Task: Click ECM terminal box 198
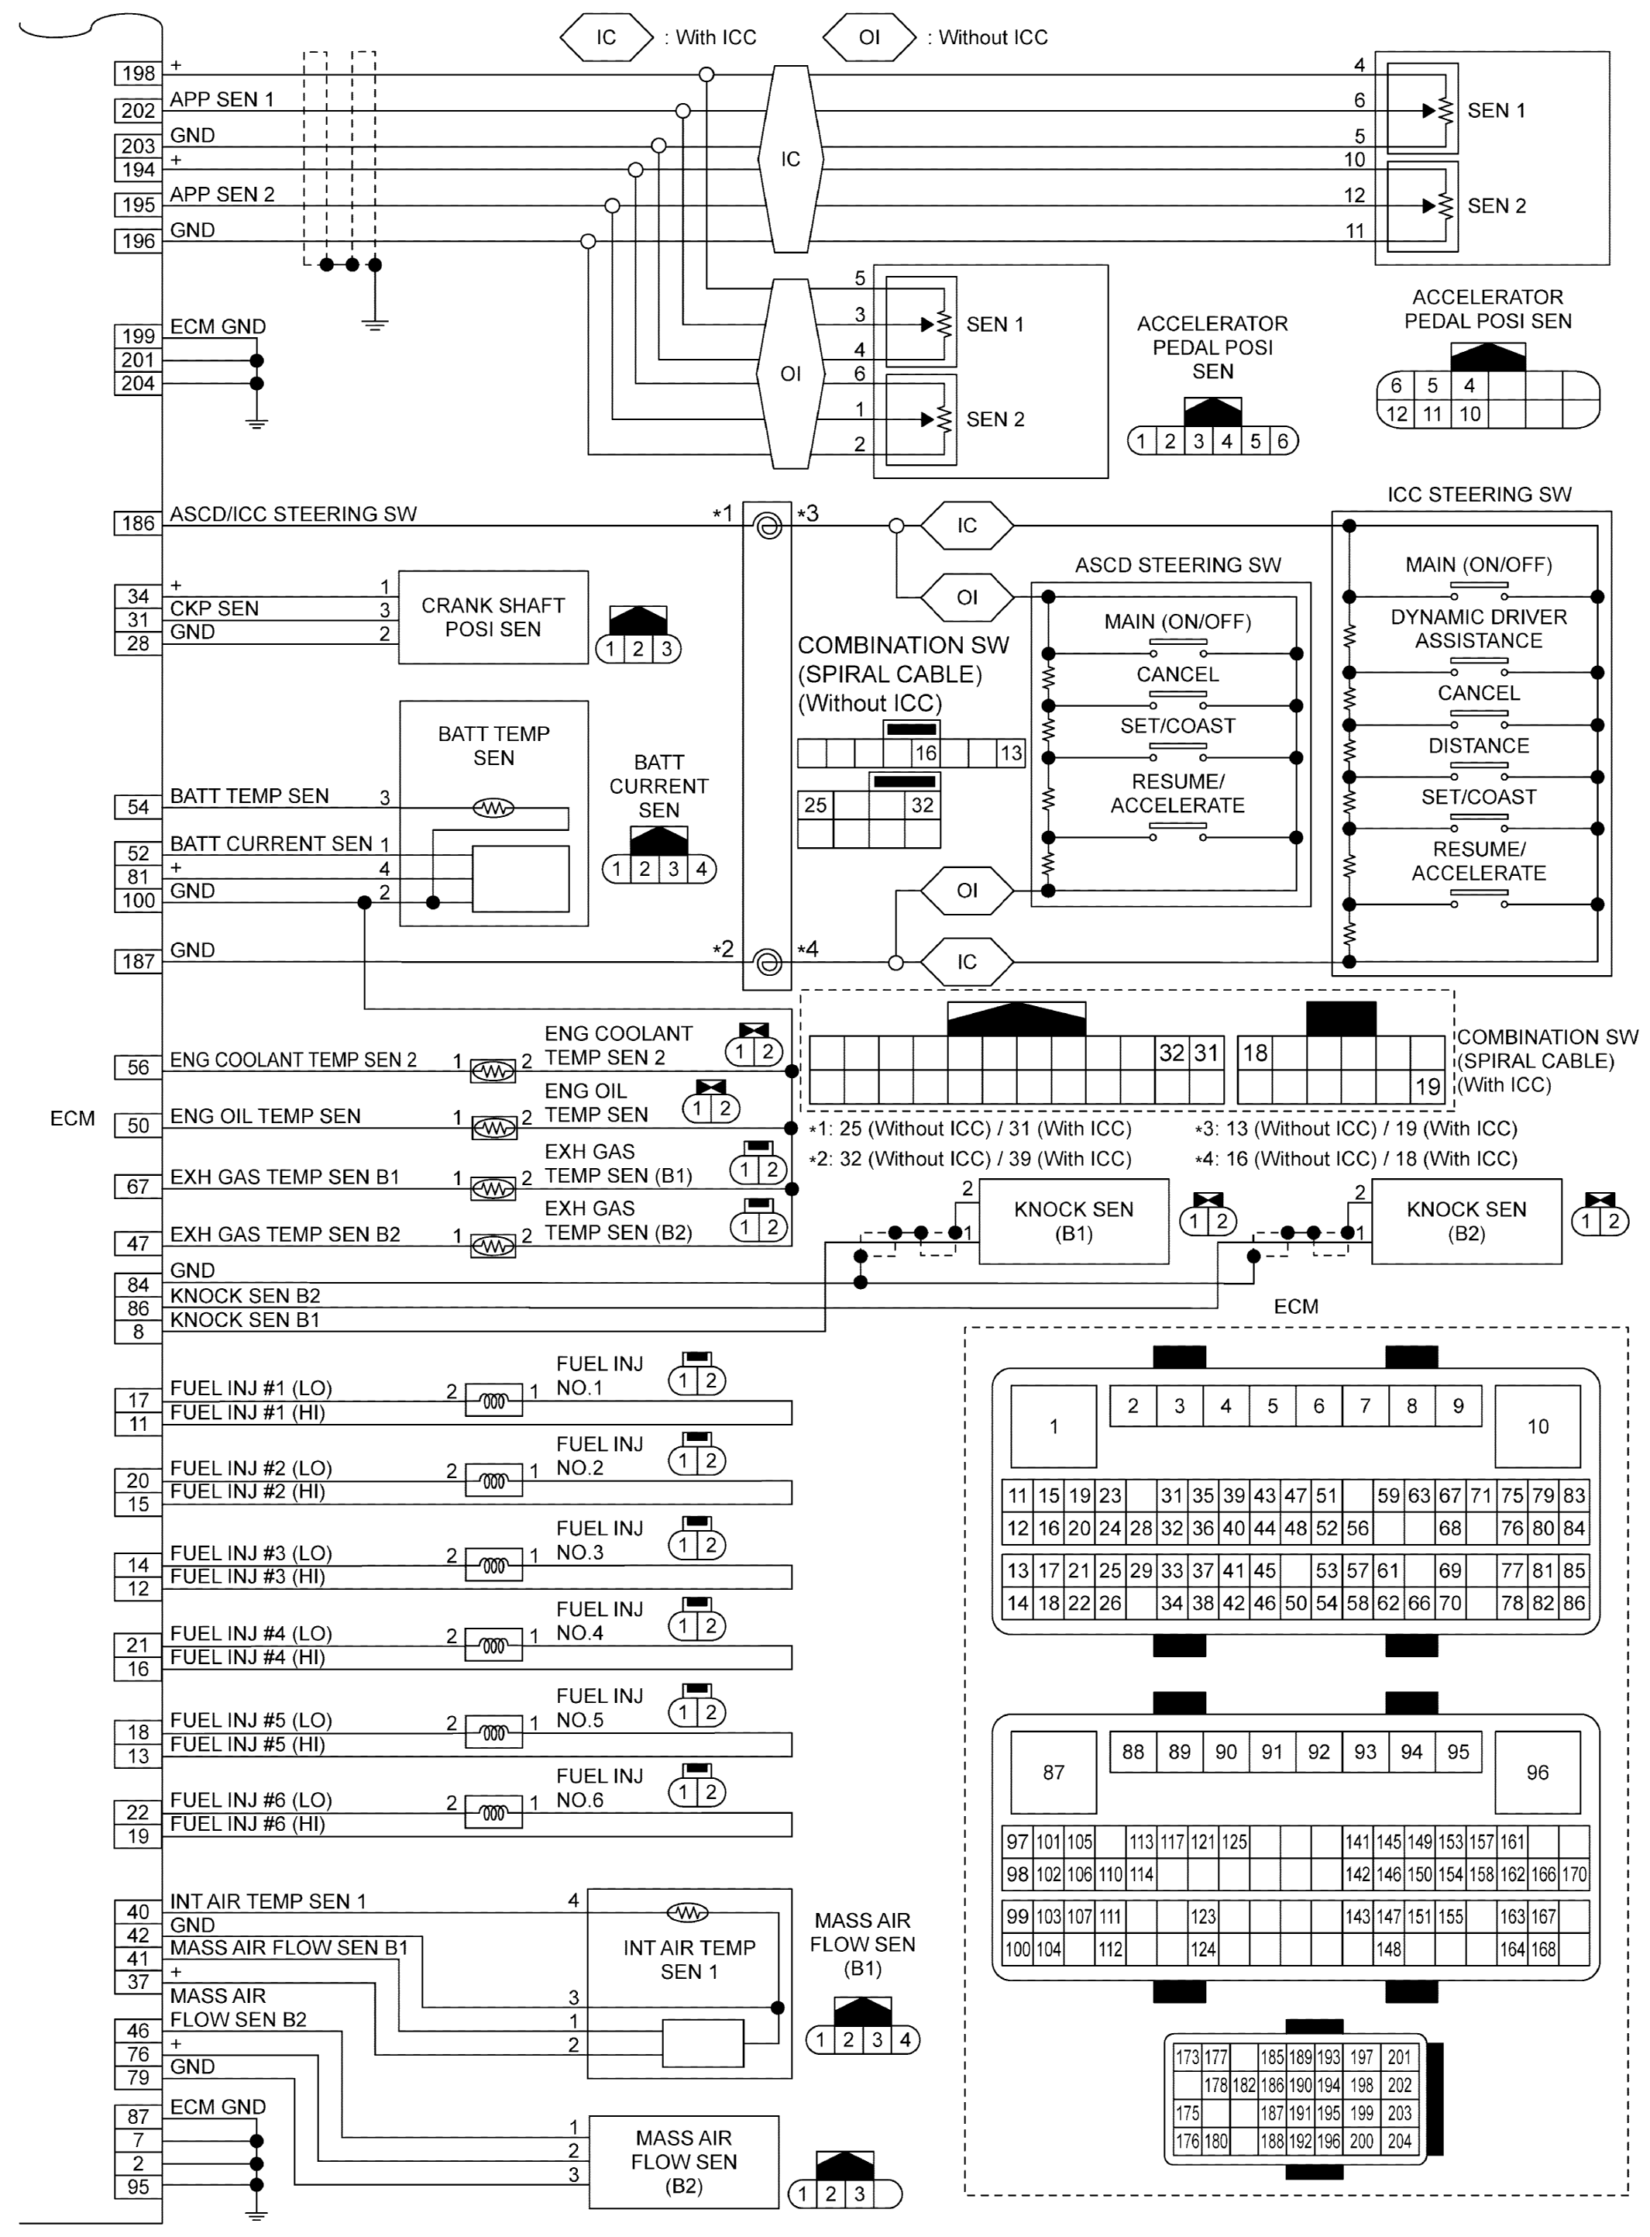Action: [138, 73]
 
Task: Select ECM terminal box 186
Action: [138, 522]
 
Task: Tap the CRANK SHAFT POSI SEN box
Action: [493, 618]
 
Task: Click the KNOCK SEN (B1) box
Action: [1073, 1221]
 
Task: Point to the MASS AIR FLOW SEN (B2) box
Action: [683, 2161]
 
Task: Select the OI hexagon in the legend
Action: [869, 37]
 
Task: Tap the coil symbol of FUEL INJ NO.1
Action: [493, 1401]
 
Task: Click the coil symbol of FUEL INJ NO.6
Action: [493, 1812]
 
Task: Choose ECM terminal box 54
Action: [138, 806]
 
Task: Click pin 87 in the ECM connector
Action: [1053, 1773]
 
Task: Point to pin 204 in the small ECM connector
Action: [1399, 2141]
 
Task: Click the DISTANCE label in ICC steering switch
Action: [1478, 746]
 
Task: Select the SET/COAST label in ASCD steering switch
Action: [1177, 726]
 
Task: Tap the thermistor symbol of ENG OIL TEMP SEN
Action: [493, 1128]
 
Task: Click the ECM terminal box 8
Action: [138, 1331]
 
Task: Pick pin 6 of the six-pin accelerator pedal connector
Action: [1283, 440]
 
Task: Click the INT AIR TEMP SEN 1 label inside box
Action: [689, 1960]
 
